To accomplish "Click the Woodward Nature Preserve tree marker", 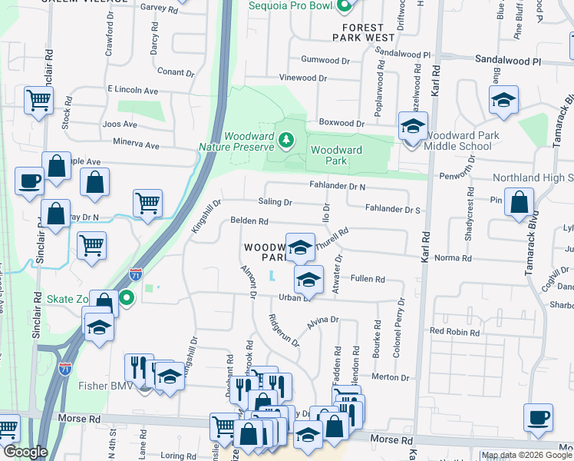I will (285, 140).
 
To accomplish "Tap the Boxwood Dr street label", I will (341, 123).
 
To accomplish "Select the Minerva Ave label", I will (136, 145).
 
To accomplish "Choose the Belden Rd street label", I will (249, 222).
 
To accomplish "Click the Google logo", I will (25, 453).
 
